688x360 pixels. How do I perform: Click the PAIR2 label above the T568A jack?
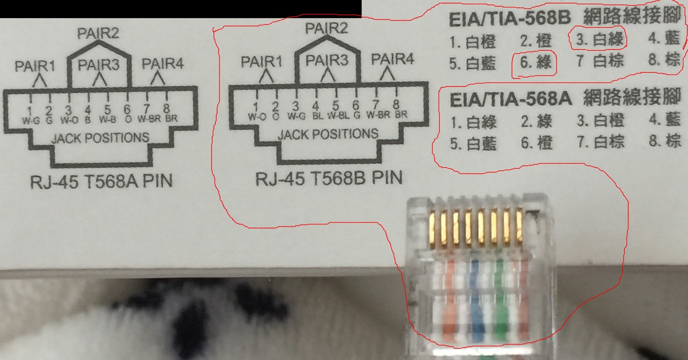coord(98,33)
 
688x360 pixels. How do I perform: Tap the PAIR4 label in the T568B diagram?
coord(392,59)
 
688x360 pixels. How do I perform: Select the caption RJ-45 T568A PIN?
coord(101,182)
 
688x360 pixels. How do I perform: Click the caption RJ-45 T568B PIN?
coord(329,178)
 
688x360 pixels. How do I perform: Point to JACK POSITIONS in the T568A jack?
coord(100,138)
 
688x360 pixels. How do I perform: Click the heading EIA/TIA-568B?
coord(510,19)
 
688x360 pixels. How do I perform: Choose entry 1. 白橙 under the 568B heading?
coord(473,42)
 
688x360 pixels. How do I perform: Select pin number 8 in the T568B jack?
coord(396,105)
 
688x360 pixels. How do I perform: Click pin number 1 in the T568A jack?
coord(30,110)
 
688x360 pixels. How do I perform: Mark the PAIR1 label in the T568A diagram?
coord(35,66)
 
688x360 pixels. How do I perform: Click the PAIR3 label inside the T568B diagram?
coord(326,60)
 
